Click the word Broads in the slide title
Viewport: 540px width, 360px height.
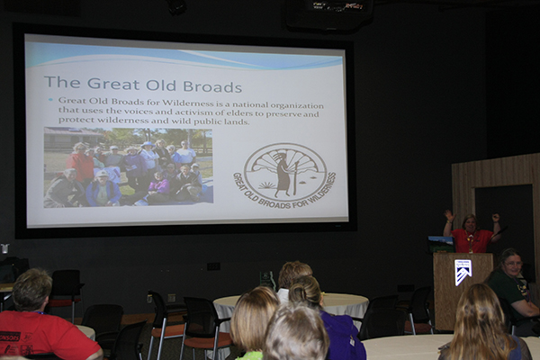click(212, 86)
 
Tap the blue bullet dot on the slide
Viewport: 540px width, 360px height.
click(51, 100)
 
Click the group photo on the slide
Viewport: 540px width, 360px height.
click(128, 167)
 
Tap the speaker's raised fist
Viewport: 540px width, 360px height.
click(495, 218)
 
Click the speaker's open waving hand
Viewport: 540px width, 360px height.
click(449, 215)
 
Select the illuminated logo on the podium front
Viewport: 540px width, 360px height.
click(463, 272)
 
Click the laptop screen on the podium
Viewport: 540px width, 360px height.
click(441, 244)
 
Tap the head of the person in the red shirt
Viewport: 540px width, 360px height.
click(31, 290)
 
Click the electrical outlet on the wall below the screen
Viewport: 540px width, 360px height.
click(213, 266)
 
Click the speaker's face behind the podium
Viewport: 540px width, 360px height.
click(470, 224)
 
